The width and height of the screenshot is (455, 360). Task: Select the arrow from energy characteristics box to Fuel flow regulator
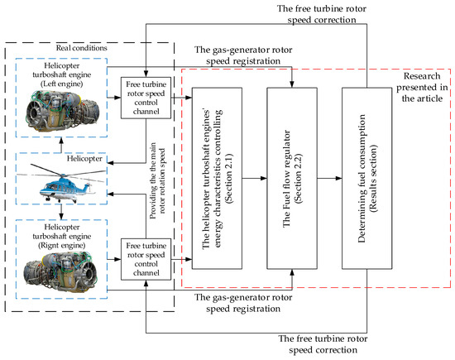(x=256, y=176)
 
